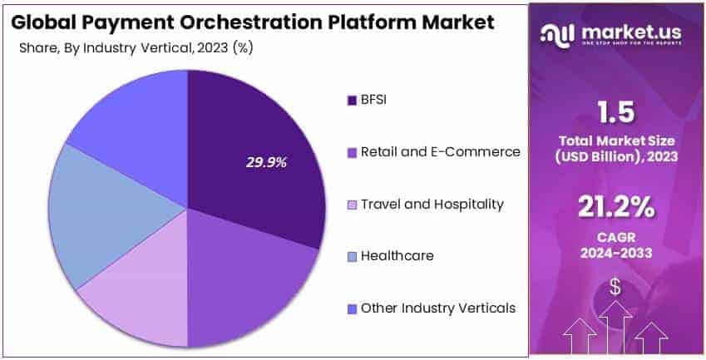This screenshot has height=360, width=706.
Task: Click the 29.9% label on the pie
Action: pyautogui.click(x=266, y=162)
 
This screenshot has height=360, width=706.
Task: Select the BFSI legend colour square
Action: pyautogui.click(x=351, y=101)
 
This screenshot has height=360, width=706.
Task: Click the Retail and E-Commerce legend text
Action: pyautogui.click(x=440, y=152)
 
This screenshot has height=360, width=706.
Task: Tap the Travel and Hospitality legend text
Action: pyautogui.click(x=432, y=204)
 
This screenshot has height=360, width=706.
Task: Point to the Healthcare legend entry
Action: pyautogui.click(x=397, y=256)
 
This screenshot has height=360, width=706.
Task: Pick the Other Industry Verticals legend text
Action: pyautogui.click(x=437, y=308)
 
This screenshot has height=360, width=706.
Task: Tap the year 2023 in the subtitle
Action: pyautogui.click(x=210, y=47)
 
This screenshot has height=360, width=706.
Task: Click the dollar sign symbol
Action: pyautogui.click(x=615, y=288)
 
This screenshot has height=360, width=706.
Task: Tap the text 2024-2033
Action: pyautogui.click(x=615, y=252)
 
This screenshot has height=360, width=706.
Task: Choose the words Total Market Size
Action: pyautogui.click(x=615, y=141)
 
